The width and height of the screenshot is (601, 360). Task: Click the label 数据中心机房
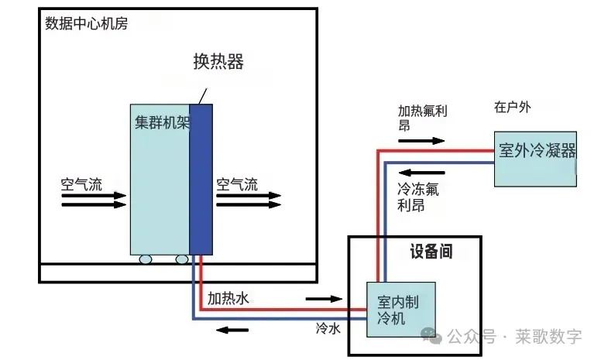(86, 23)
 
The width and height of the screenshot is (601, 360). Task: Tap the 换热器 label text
(218, 62)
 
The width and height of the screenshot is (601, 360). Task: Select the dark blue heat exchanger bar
(201, 178)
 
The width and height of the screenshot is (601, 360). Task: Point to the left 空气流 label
(81, 185)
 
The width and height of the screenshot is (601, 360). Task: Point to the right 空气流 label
(237, 185)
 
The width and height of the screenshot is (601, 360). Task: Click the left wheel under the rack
(145, 260)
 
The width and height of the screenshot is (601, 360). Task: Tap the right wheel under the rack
(182, 260)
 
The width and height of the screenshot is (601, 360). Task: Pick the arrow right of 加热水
(324, 298)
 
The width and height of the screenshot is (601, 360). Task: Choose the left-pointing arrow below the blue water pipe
(232, 331)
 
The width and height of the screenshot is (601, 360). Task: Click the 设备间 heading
(431, 252)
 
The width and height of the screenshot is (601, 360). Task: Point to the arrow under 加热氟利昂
(421, 141)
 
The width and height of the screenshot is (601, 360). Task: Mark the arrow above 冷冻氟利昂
(421, 172)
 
